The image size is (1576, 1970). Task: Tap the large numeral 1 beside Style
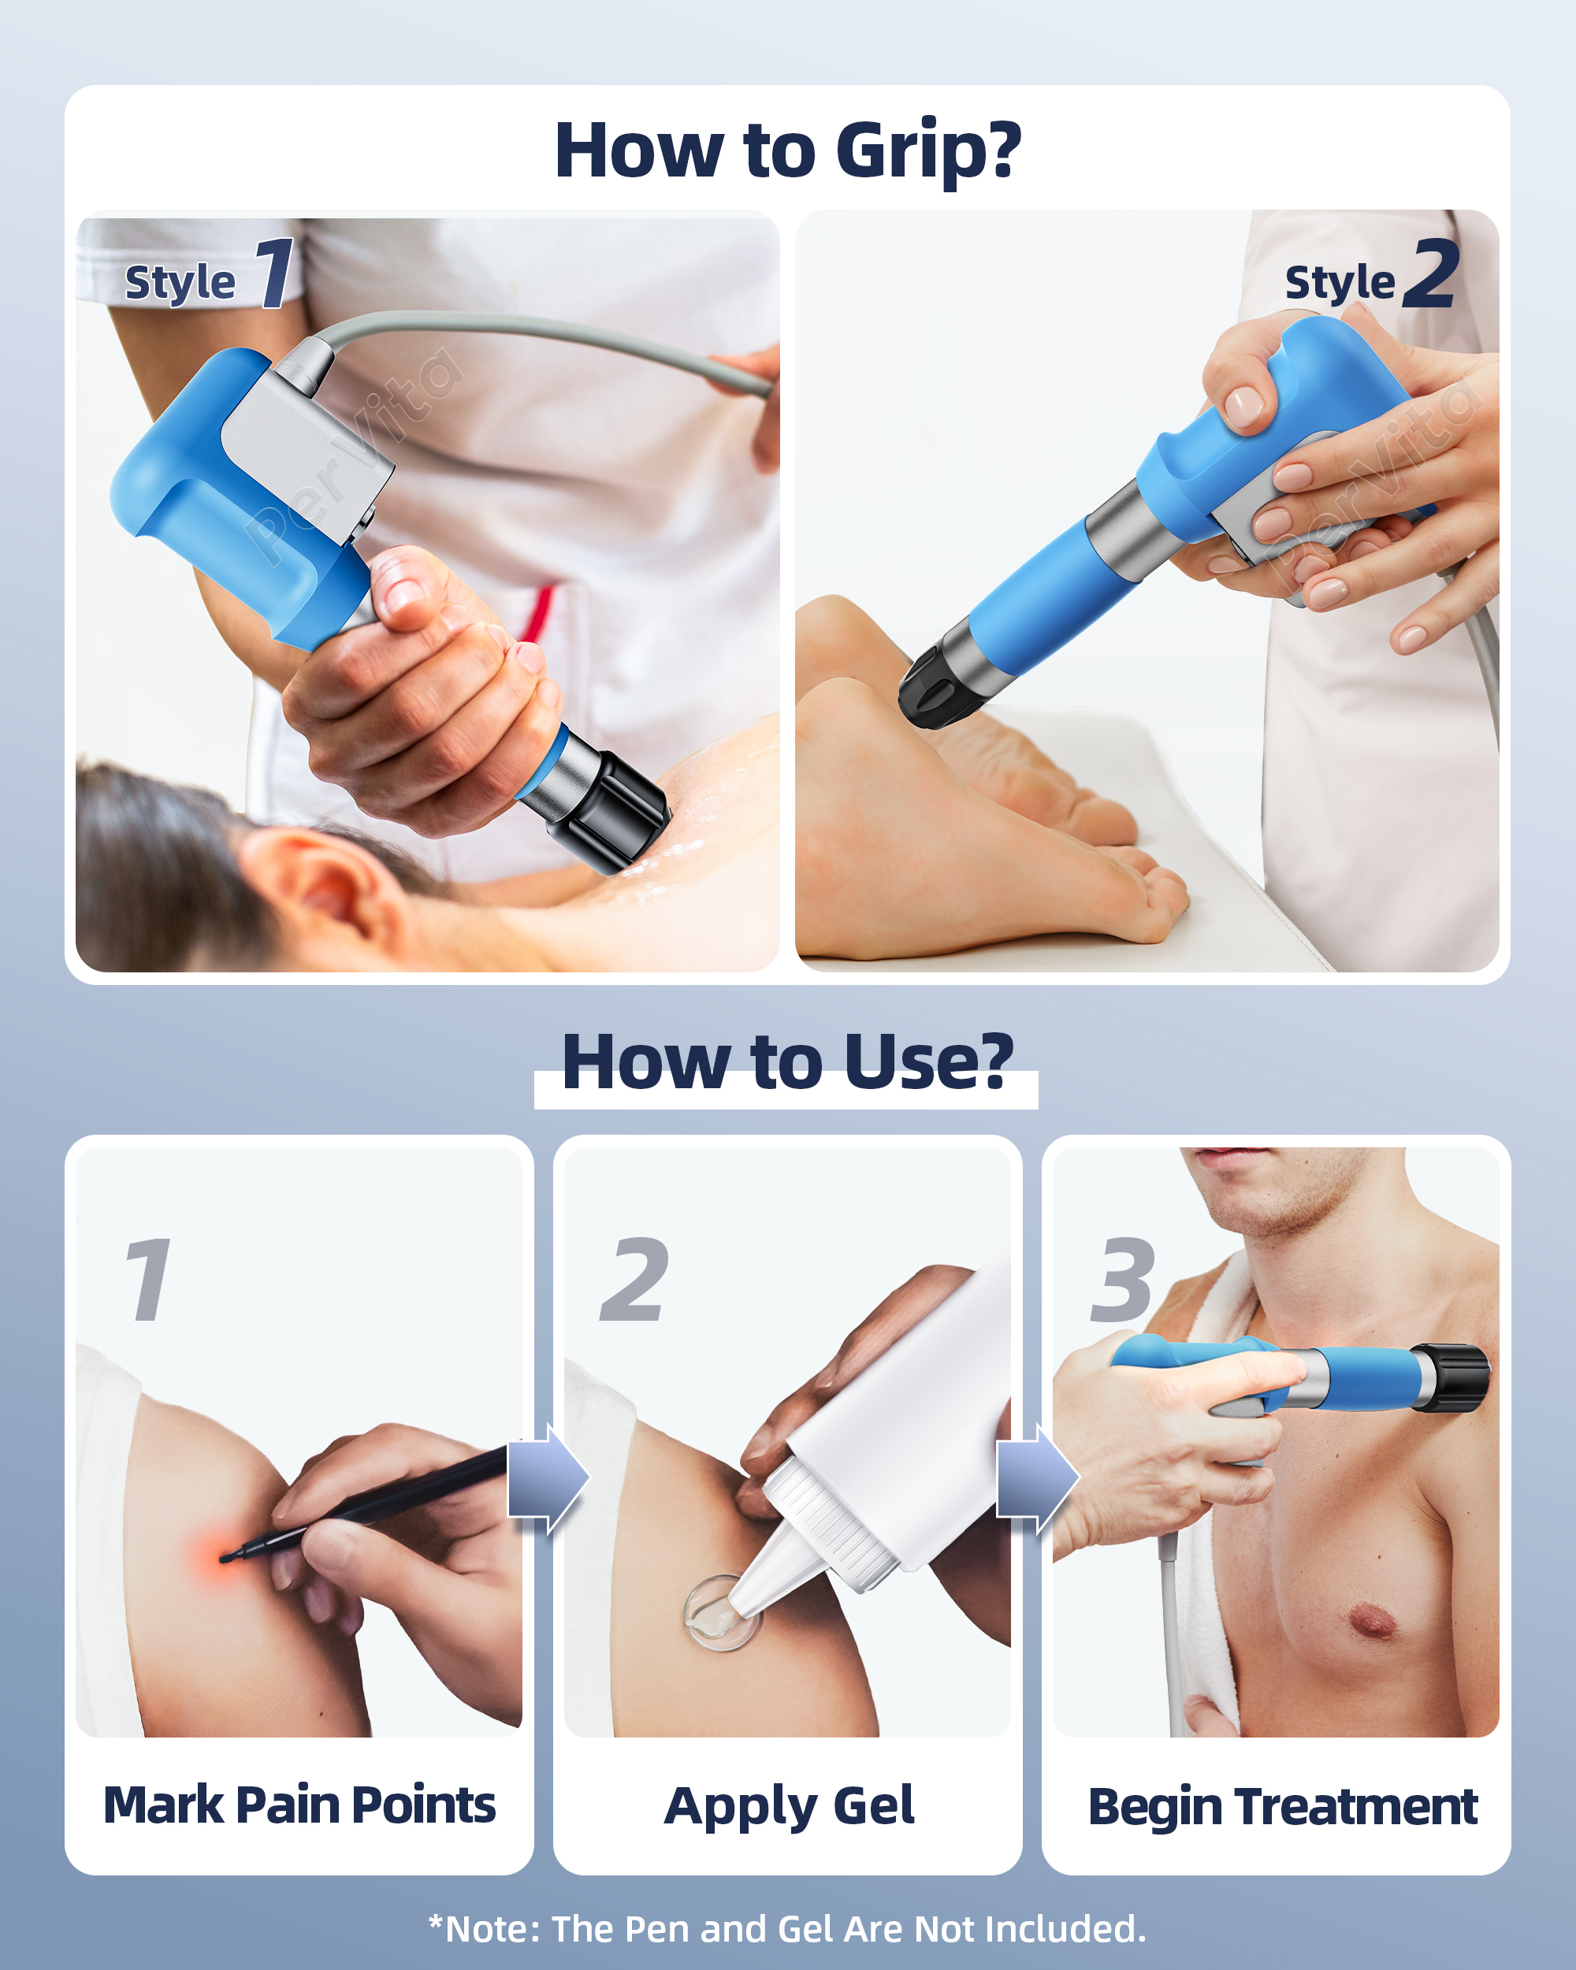click(x=274, y=273)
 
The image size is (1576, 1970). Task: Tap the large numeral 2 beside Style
click(x=1431, y=273)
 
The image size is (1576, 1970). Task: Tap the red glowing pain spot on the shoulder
click(x=225, y=1556)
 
